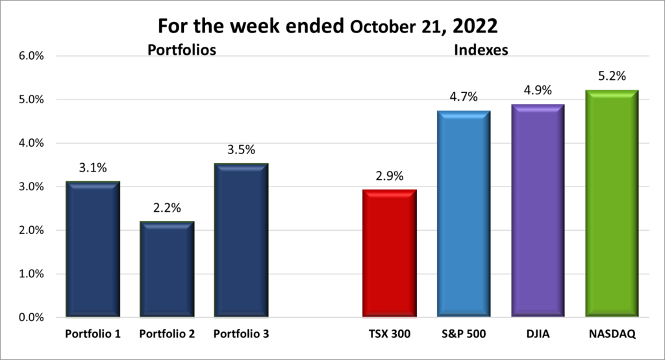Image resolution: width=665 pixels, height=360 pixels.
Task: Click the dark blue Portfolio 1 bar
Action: (92, 250)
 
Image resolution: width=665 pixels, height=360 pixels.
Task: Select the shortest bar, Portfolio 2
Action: (167, 270)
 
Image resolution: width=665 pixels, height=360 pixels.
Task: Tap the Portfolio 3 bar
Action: (241, 240)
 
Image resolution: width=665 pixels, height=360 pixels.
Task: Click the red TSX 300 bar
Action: (390, 253)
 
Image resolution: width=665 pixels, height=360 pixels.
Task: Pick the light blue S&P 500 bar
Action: (464, 214)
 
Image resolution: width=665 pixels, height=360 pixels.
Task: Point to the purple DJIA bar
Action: (538, 211)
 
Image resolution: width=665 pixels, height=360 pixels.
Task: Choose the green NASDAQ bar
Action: (612, 205)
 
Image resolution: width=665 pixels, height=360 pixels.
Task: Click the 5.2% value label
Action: (612, 77)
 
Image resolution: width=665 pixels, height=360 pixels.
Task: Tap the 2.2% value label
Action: (167, 208)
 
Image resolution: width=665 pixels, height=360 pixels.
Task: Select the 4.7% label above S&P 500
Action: (464, 97)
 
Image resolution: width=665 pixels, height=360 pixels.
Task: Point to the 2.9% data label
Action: (390, 176)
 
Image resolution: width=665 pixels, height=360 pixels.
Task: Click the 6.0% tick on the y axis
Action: (31, 56)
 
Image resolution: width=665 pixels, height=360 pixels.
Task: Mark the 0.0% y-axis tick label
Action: (31, 318)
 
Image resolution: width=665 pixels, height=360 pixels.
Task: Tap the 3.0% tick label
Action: (31, 187)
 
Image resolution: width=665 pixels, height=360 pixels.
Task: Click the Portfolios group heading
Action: (181, 50)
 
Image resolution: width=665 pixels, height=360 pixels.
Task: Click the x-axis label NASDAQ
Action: (612, 335)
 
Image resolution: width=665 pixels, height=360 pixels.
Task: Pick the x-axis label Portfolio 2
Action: (167, 335)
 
